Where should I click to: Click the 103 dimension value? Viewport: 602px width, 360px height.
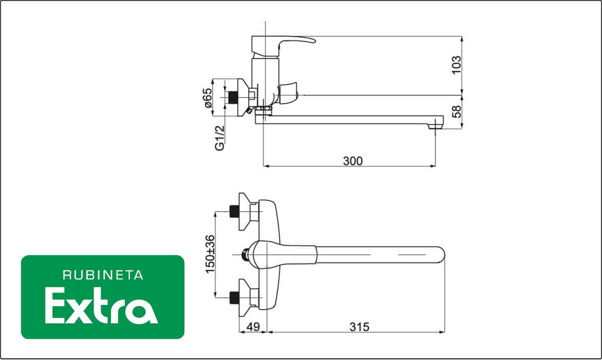456,65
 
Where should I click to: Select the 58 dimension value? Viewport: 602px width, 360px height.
456,112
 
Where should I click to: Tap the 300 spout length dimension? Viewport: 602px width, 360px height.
353,161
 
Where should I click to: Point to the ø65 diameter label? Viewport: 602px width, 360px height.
207,98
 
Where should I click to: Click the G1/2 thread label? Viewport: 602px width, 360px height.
219,138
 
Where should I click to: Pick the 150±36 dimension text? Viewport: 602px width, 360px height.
210,254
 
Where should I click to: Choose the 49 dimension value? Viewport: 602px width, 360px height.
253,327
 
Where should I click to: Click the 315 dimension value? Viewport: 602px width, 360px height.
359,327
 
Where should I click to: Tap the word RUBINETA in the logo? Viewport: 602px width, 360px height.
103,275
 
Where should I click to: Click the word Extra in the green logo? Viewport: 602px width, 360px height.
101,306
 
